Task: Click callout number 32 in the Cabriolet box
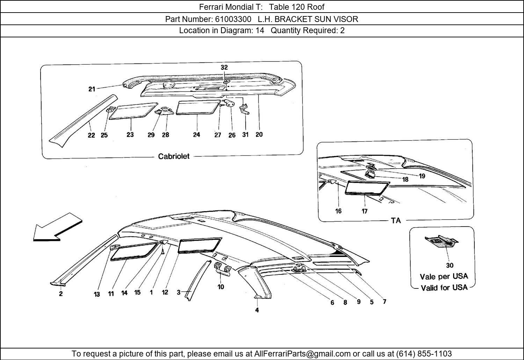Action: point(224,67)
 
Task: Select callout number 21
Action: point(92,89)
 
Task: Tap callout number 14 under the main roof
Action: point(124,293)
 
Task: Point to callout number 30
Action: point(450,265)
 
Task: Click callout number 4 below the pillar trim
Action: point(257,310)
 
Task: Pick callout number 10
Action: point(221,287)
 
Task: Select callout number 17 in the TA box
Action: point(364,211)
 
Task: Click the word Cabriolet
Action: point(174,156)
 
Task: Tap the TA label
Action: point(396,220)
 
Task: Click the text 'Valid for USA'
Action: point(444,288)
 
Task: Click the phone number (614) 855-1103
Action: point(424,353)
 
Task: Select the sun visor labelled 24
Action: point(198,108)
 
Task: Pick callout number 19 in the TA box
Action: point(422,176)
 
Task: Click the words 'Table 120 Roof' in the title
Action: point(297,7)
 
